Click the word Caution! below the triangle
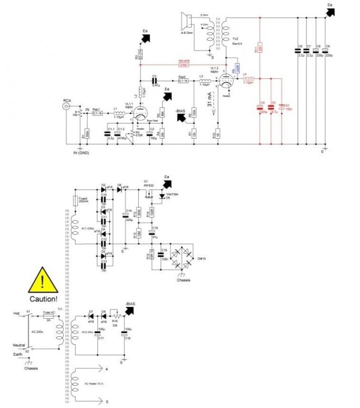pyautogui.click(x=43, y=299)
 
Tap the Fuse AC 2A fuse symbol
pyautogui.click(x=48, y=314)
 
